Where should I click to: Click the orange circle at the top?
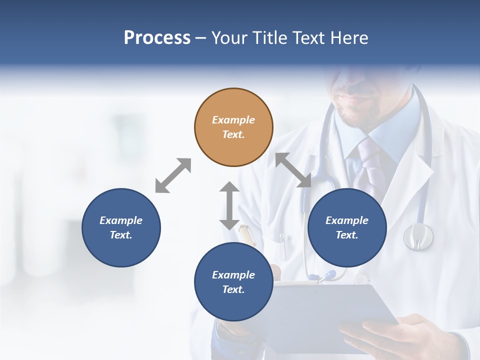click(233, 127)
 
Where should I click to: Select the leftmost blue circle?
click(121, 227)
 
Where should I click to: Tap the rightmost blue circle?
click(347, 227)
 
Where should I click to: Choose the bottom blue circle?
click(233, 282)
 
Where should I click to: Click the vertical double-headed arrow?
click(229, 205)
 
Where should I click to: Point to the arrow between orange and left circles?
click(173, 175)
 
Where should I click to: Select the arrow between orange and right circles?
click(293, 170)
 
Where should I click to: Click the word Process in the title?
click(157, 38)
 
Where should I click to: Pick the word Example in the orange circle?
click(233, 120)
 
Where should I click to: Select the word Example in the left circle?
click(121, 220)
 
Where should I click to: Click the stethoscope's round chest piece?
click(418, 236)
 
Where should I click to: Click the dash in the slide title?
click(200, 38)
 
